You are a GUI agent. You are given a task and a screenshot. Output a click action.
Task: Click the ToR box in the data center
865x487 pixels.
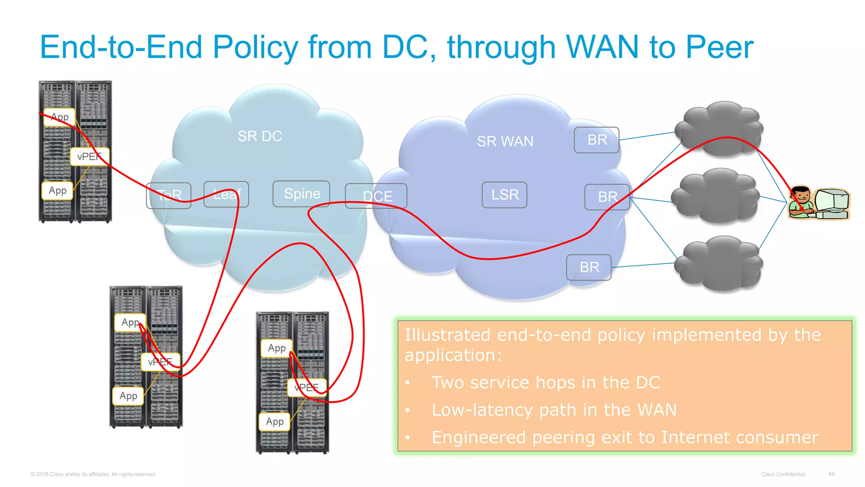click(x=169, y=195)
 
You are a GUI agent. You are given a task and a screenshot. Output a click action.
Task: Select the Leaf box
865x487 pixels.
click(x=226, y=194)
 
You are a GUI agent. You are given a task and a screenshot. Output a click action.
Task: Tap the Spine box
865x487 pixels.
click(x=301, y=194)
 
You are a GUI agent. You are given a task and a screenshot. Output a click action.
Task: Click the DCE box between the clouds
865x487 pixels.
click(x=376, y=196)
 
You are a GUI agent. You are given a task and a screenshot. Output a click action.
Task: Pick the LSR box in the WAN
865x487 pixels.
click(x=504, y=195)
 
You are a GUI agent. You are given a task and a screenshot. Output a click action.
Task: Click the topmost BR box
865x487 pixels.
click(x=596, y=140)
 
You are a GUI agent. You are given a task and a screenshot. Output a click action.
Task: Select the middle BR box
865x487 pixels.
click(x=607, y=197)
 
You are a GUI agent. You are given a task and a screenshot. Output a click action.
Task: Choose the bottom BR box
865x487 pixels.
click(x=589, y=267)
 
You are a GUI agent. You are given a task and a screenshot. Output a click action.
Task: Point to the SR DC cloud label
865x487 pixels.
click(x=259, y=136)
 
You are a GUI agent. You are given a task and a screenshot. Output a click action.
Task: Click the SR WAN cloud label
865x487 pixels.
click(x=505, y=141)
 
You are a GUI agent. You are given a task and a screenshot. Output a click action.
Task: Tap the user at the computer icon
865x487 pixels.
click(x=819, y=203)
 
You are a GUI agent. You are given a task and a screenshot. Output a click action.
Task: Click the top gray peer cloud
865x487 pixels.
click(x=719, y=128)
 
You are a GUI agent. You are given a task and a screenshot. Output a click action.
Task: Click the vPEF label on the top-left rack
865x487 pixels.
click(x=90, y=157)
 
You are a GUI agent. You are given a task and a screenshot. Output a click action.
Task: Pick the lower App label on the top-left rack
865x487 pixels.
click(x=57, y=191)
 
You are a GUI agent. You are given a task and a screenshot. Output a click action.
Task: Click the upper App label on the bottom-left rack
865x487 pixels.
click(x=130, y=323)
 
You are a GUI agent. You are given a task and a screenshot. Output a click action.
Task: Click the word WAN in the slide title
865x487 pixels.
click(x=602, y=47)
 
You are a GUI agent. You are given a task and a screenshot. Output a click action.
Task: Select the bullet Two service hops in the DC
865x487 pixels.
click(x=545, y=383)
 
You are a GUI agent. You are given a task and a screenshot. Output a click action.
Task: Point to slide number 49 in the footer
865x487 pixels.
click(x=831, y=474)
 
